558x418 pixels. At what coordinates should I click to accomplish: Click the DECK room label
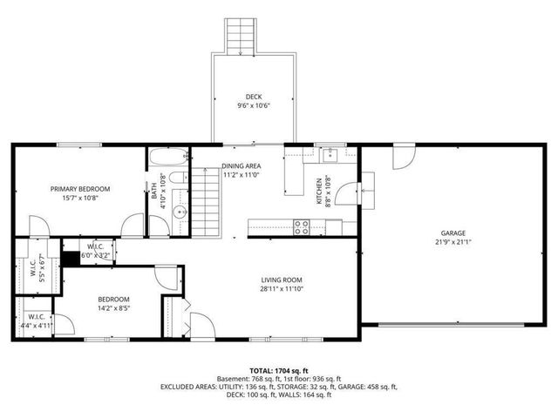(x=254, y=97)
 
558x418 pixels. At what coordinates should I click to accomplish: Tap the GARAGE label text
(x=453, y=233)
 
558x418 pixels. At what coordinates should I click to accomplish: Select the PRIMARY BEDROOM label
(x=80, y=189)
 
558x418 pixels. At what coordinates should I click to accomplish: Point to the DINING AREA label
(x=241, y=165)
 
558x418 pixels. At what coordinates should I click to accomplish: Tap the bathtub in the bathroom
(x=167, y=158)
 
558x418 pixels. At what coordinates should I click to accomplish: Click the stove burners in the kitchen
(x=303, y=227)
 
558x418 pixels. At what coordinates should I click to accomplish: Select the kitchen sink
(x=330, y=156)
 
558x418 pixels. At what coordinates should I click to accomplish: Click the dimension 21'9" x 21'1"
(x=453, y=243)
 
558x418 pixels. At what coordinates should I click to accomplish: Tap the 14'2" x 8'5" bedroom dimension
(x=113, y=307)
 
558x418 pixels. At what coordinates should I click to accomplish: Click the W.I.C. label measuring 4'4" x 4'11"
(x=37, y=321)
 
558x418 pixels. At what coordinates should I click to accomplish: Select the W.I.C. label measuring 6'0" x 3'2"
(x=96, y=252)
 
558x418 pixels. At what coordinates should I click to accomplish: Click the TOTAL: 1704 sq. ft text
(x=278, y=371)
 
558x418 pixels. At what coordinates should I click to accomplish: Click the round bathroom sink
(x=179, y=211)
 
